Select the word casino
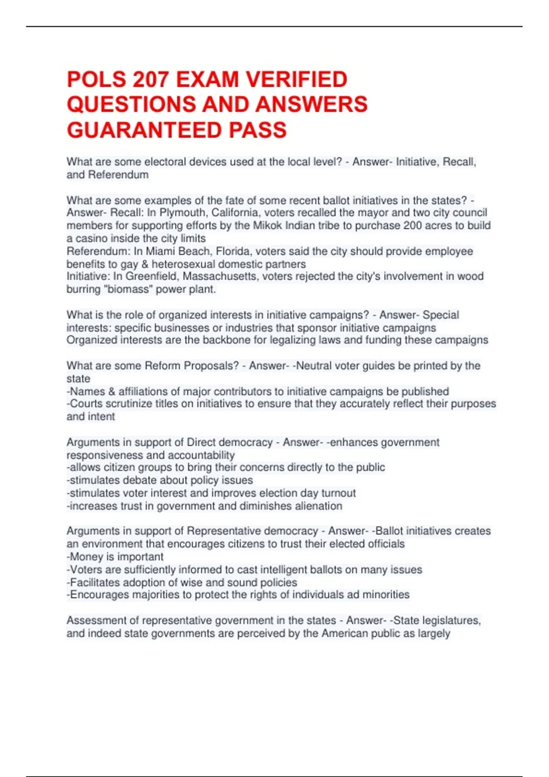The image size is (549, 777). pyautogui.click(x=91, y=239)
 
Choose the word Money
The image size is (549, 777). pyautogui.click(x=84, y=557)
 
